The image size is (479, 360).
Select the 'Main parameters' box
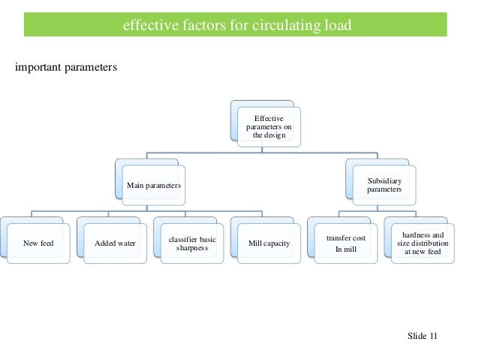pyautogui.click(x=153, y=184)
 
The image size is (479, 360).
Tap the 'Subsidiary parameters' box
pyautogui.click(x=383, y=185)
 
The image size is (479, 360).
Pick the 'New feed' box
pyautogui.click(x=39, y=243)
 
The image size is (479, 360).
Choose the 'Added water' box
pyautogui.click(x=115, y=243)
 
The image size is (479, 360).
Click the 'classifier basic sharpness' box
pyautogui.click(x=191, y=242)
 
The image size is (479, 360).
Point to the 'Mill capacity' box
pyautogui.click(x=269, y=243)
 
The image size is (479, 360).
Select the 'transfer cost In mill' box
pyautogui.click(x=345, y=243)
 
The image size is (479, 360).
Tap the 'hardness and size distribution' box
pyautogui.click(x=423, y=243)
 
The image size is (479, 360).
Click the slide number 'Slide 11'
pyautogui.click(x=422, y=335)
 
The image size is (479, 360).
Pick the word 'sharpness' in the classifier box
pyautogui.click(x=191, y=247)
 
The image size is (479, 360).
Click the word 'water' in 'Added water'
pyautogui.click(x=125, y=243)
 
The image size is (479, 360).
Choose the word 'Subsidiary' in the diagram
pyautogui.click(x=383, y=181)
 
